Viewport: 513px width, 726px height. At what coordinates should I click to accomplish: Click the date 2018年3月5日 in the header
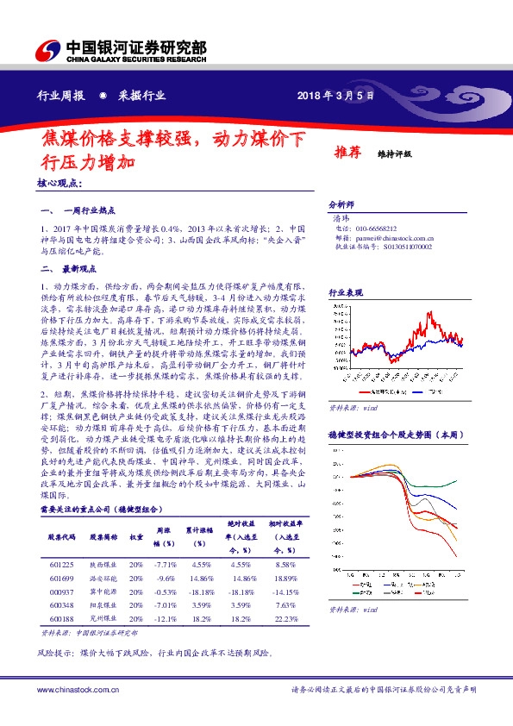(x=335, y=97)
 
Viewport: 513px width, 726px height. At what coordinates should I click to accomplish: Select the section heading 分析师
(x=341, y=204)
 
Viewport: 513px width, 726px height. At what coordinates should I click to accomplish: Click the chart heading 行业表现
(x=345, y=294)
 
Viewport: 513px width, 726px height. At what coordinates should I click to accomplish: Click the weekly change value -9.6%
(x=166, y=578)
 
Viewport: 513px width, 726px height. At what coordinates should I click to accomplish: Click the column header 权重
(x=136, y=535)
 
